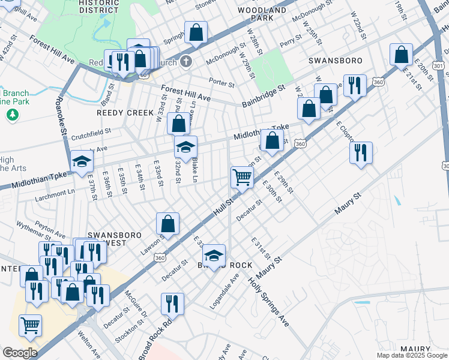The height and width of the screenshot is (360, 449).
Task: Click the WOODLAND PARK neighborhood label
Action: coord(262,14)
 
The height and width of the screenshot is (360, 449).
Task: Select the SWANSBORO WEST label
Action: coord(107,239)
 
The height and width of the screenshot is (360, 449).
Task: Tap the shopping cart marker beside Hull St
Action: coord(242,177)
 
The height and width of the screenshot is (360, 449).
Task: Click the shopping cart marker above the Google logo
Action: coord(30,326)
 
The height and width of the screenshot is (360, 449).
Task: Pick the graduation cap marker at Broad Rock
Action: coord(214,256)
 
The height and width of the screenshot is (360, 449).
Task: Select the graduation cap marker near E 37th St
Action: coord(82,161)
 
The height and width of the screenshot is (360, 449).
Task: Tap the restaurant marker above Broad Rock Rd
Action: coord(172,304)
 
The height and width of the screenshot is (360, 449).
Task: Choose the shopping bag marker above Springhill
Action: coord(196,32)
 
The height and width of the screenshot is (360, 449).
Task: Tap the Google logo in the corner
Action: coord(20,353)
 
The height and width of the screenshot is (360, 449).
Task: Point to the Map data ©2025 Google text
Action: coord(411,355)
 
